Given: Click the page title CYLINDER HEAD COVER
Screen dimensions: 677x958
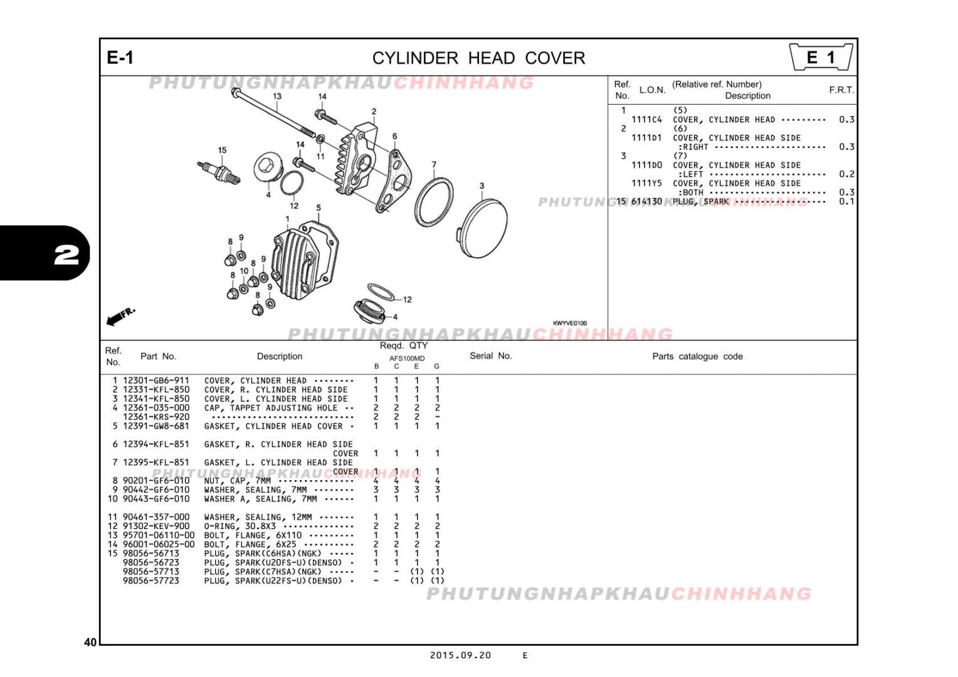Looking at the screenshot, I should click(x=478, y=58).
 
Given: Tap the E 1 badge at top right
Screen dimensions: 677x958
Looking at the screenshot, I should click(x=821, y=58).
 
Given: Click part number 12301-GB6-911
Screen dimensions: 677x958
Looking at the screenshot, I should click(x=156, y=380).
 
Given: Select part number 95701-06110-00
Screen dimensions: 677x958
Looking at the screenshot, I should click(x=159, y=535).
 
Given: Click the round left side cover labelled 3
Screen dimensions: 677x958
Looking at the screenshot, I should click(x=484, y=228).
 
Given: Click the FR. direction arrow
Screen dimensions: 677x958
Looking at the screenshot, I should click(x=120, y=317).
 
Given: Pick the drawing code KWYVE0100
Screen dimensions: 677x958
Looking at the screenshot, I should click(x=569, y=323).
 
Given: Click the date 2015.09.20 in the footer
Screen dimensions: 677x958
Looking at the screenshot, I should click(x=460, y=655).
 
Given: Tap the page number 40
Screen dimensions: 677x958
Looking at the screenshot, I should click(x=90, y=642).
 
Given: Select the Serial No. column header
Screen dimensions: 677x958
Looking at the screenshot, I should click(x=490, y=356).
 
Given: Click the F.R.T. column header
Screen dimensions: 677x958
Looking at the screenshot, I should click(x=841, y=90).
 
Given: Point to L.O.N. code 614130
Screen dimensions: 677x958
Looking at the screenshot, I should click(x=646, y=202).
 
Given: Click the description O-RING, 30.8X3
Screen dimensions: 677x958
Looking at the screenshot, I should click(x=239, y=527).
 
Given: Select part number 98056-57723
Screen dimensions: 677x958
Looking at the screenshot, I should click(x=151, y=581).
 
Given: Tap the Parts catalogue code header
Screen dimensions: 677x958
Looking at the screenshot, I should click(x=697, y=357).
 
